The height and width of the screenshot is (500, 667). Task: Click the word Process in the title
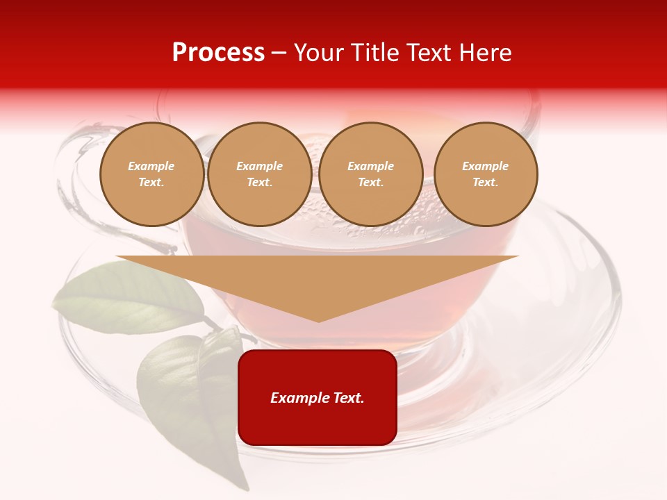tap(218, 53)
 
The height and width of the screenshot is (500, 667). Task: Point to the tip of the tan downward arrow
tap(318, 320)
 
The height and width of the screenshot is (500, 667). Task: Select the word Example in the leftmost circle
tap(151, 166)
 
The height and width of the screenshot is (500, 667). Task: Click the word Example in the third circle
tap(370, 166)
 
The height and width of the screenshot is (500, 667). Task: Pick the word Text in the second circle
tap(258, 182)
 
